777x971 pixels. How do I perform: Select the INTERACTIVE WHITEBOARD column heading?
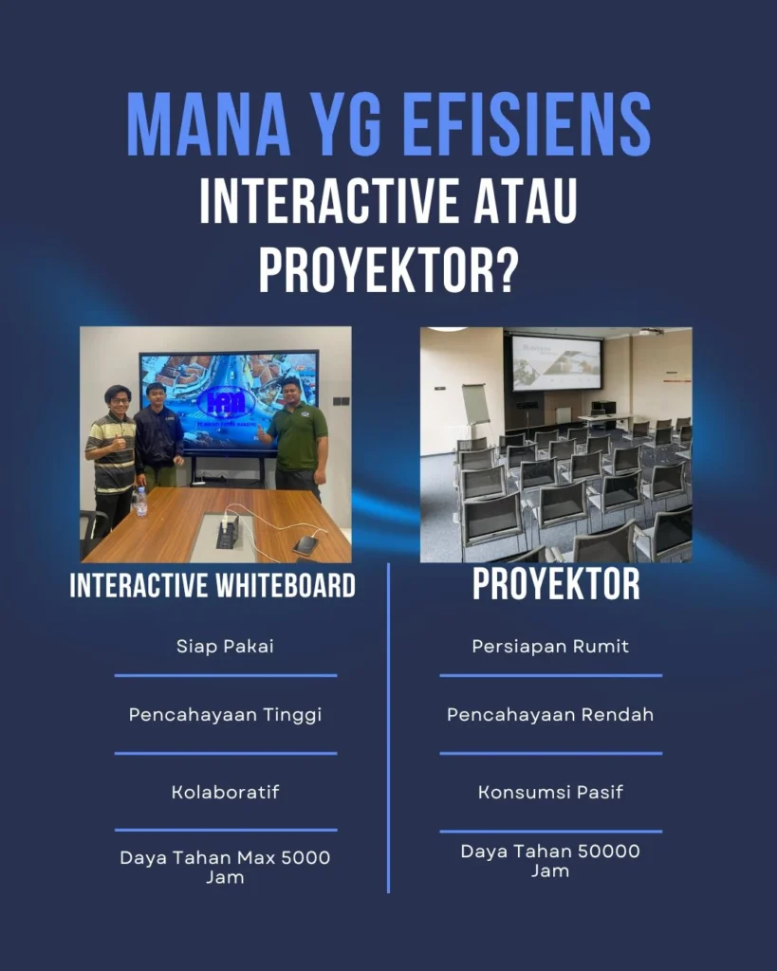coord(213,586)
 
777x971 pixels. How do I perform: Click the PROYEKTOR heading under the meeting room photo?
coord(556,585)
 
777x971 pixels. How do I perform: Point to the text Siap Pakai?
coord(226,647)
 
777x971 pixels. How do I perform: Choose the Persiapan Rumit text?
coord(550,647)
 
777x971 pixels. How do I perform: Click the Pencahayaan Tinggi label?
coord(226,715)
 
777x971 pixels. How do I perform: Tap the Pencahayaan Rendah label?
coord(550,715)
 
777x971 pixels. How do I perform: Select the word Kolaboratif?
coord(226,792)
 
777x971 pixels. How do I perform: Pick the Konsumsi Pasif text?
coord(550,792)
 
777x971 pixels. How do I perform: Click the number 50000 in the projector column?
coord(607,852)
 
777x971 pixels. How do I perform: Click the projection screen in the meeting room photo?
coord(556,361)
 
